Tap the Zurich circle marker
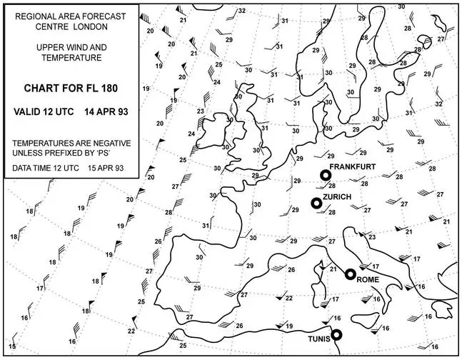click(316, 204)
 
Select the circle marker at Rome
click(351, 274)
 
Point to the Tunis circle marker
click(336, 334)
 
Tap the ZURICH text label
click(335, 195)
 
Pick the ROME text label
click(367, 280)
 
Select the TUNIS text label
click(318, 340)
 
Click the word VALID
click(28, 113)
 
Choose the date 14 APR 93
click(105, 113)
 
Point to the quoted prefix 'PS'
click(121, 153)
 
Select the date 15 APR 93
click(104, 169)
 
